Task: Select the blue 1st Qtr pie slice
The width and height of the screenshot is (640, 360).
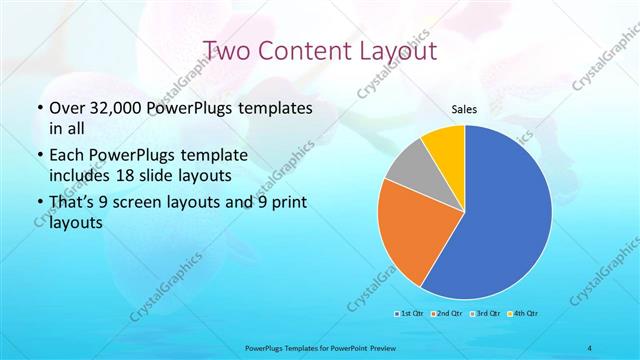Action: (x=500, y=220)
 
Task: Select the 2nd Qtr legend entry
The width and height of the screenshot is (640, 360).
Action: (x=446, y=313)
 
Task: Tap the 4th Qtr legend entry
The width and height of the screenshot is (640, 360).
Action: (x=521, y=313)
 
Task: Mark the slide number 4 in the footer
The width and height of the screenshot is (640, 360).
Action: (x=591, y=347)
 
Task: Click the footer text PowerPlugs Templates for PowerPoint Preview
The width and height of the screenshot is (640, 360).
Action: (x=320, y=347)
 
